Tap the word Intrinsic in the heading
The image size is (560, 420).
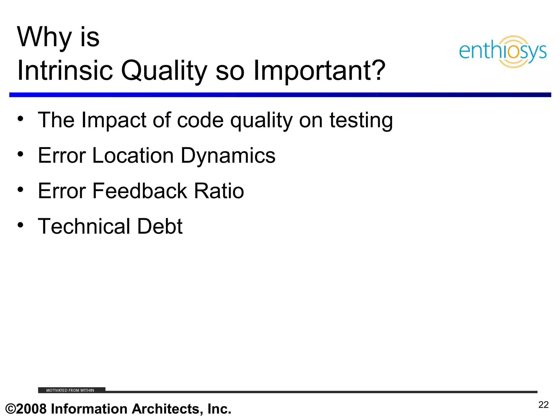[65, 71]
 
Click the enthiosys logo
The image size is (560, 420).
[503, 51]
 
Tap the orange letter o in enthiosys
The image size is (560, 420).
[514, 52]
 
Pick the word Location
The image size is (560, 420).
[133, 156]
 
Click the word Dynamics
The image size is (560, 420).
[228, 156]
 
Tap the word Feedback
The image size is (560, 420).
[140, 191]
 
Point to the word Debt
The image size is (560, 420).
[160, 226]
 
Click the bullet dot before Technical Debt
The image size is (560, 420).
[20, 225]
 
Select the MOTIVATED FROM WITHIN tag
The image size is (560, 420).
[71, 390]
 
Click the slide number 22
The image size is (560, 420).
[543, 405]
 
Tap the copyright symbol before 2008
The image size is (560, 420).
[10, 409]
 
